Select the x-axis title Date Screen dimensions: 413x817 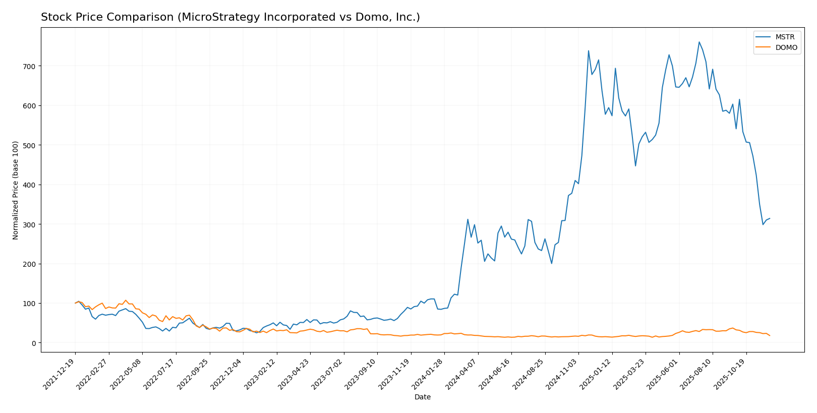(x=423, y=397)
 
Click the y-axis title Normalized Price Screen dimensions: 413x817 (x=16, y=190)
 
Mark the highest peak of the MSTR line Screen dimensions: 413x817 (x=699, y=42)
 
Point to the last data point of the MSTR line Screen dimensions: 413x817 (x=770, y=218)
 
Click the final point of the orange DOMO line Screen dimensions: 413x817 (x=770, y=336)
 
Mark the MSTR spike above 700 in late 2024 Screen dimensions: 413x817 (x=589, y=50)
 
